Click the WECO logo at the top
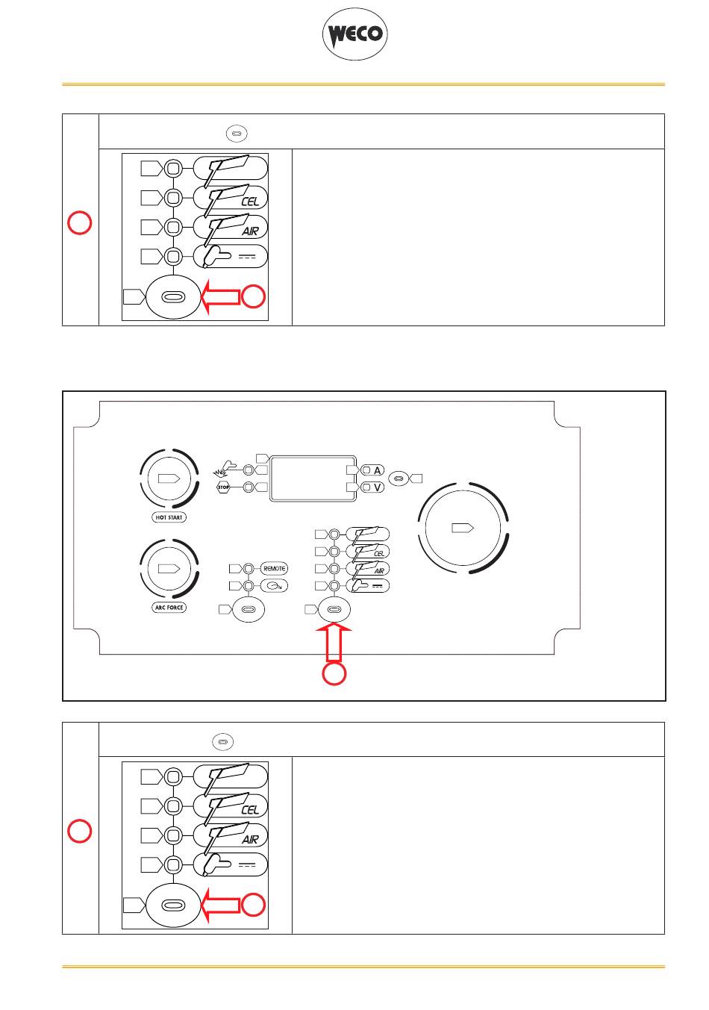(354, 34)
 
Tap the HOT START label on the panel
(169, 517)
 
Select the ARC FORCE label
(169, 608)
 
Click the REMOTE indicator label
(274, 569)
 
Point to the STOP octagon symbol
(222, 487)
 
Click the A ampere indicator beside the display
(372, 470)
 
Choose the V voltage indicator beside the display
(372, 487)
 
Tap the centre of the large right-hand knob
(463, 528)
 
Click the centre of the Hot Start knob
(169, 478)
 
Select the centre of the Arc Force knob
(169, 568)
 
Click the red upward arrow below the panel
(334, 641)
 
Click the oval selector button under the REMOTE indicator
(249, 610)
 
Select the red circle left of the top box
(81, 222)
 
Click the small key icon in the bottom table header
(222, 742)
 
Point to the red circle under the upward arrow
(334, 674)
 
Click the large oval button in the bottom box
(172, 905)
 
